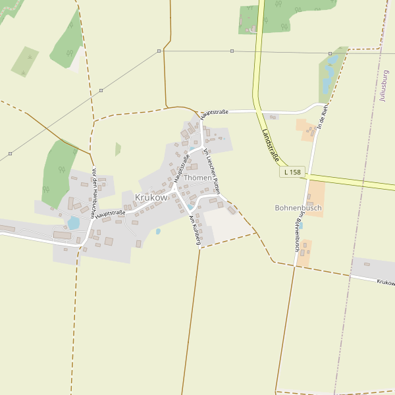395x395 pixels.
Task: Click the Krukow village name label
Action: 151,197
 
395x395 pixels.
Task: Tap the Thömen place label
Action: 198,178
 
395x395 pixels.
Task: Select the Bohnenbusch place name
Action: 298,208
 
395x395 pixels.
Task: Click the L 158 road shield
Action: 291,172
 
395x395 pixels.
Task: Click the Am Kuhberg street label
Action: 194,230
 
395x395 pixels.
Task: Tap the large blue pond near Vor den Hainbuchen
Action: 73,224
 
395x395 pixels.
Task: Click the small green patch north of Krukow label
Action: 118,149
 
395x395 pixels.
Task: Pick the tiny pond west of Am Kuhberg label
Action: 158,232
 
